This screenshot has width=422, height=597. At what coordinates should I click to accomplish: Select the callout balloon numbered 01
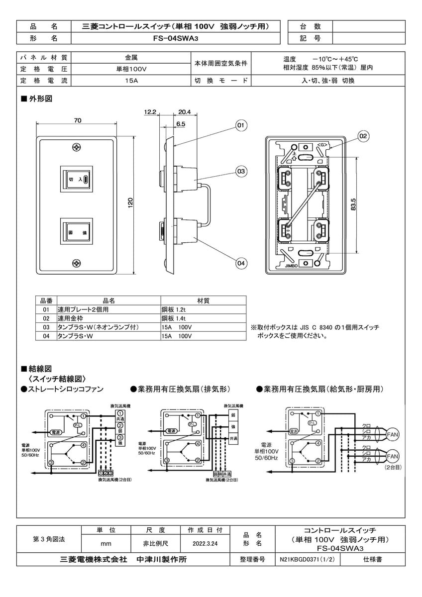240,125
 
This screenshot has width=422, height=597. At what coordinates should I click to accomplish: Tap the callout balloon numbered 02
363,135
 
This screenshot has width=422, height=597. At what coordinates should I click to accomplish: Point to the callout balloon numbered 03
240,172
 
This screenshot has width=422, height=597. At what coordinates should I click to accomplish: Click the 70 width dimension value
77,120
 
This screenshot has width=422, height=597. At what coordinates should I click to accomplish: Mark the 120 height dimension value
131,203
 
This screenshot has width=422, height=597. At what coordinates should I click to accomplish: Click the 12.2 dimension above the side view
151,112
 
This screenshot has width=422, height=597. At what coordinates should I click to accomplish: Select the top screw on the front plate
77,147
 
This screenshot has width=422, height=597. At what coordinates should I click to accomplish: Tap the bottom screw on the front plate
77,263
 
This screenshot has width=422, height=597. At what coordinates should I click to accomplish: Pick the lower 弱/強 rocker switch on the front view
76,232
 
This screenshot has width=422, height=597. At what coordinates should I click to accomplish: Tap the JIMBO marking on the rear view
291,266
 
